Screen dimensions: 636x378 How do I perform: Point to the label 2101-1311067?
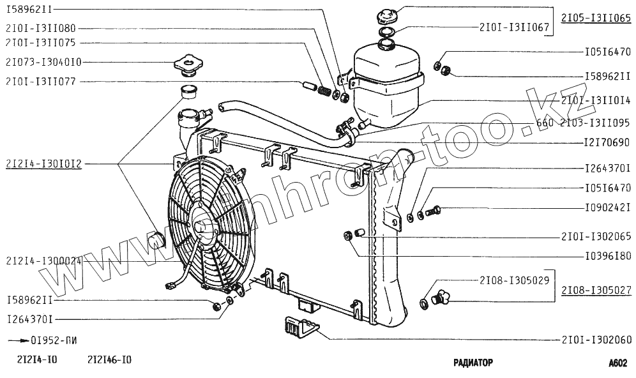pos(508,27)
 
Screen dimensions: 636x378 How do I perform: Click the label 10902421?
pos(607,207)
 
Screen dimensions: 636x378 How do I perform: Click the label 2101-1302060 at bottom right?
pos(596,340)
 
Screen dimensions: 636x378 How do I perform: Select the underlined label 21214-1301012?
pos(43,164)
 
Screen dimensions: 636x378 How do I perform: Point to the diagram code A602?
pos(617,363)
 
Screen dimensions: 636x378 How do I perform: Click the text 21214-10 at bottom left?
pos(32,359)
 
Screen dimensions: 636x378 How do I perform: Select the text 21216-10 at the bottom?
pos(110,359)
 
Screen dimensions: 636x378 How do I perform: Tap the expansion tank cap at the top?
pos(387,14)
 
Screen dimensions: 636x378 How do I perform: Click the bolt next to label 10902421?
pos(437,209)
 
